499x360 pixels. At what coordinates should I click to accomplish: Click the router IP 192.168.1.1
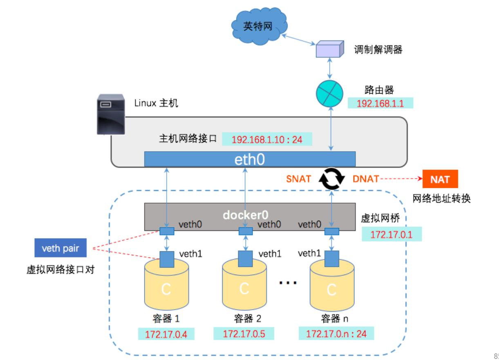(x=380, y=103)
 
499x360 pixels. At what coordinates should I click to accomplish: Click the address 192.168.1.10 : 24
(x=267, y=139)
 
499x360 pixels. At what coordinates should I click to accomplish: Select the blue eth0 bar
(x=250, y=159)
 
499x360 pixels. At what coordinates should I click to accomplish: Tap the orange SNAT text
(x=299, y=179)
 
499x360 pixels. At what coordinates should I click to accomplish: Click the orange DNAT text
(x=365, y=179)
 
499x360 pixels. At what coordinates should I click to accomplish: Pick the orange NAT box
(x=440, y=179)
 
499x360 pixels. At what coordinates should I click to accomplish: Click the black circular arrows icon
(x=331, y=179)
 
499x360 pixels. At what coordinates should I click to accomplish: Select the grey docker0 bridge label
(x=245, y=215)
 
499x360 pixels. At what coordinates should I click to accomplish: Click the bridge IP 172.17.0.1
(x=392, y=235)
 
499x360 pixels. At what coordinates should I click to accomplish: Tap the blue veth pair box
(x=60, y=248)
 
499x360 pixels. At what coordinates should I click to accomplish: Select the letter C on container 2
(x=244, y=288)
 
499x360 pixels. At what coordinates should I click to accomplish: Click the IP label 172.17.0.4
(x=166, y=334)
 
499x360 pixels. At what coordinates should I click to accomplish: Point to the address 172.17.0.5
(x=244, y=334)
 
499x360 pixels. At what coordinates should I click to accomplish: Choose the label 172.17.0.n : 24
(x=336, y=334)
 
